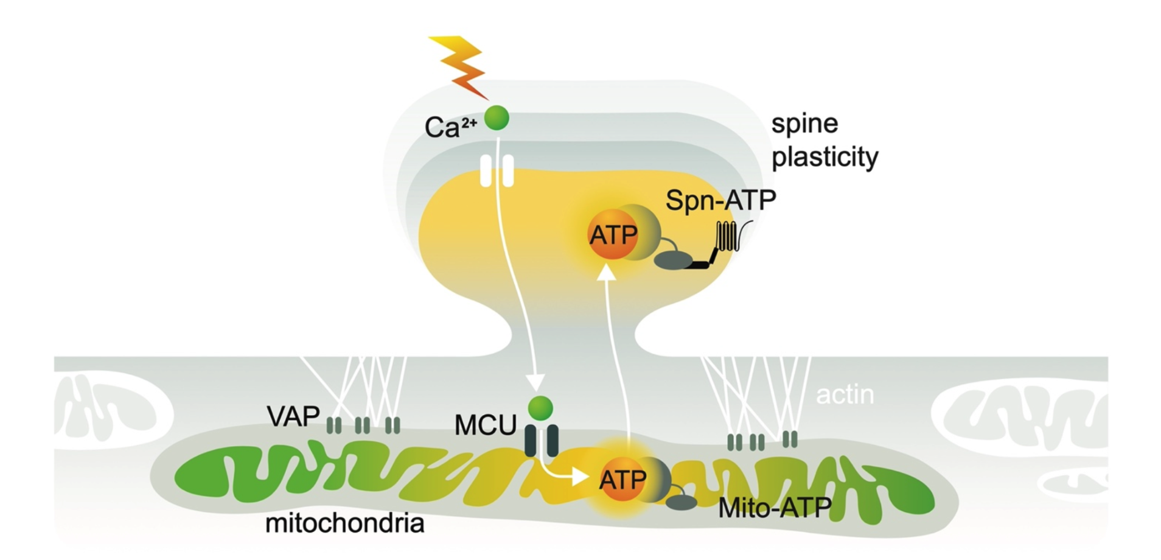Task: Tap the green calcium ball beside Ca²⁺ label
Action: [x=497, y=118]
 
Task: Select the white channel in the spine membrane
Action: [x=497, y=170]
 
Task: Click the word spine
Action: [x=804, y=124]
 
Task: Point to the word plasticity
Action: [x=825, y=157]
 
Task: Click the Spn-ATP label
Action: [x=720, y=200]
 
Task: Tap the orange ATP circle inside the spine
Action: [x=612, y=235]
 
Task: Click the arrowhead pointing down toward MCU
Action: [x=535, y=382]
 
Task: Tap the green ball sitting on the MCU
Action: [x=540, y=408]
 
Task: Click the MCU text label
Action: [x=485, y=425]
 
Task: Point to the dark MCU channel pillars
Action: [x=541, y=441]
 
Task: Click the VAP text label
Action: [x=293, y=417]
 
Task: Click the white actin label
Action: [x=845, y=395]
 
